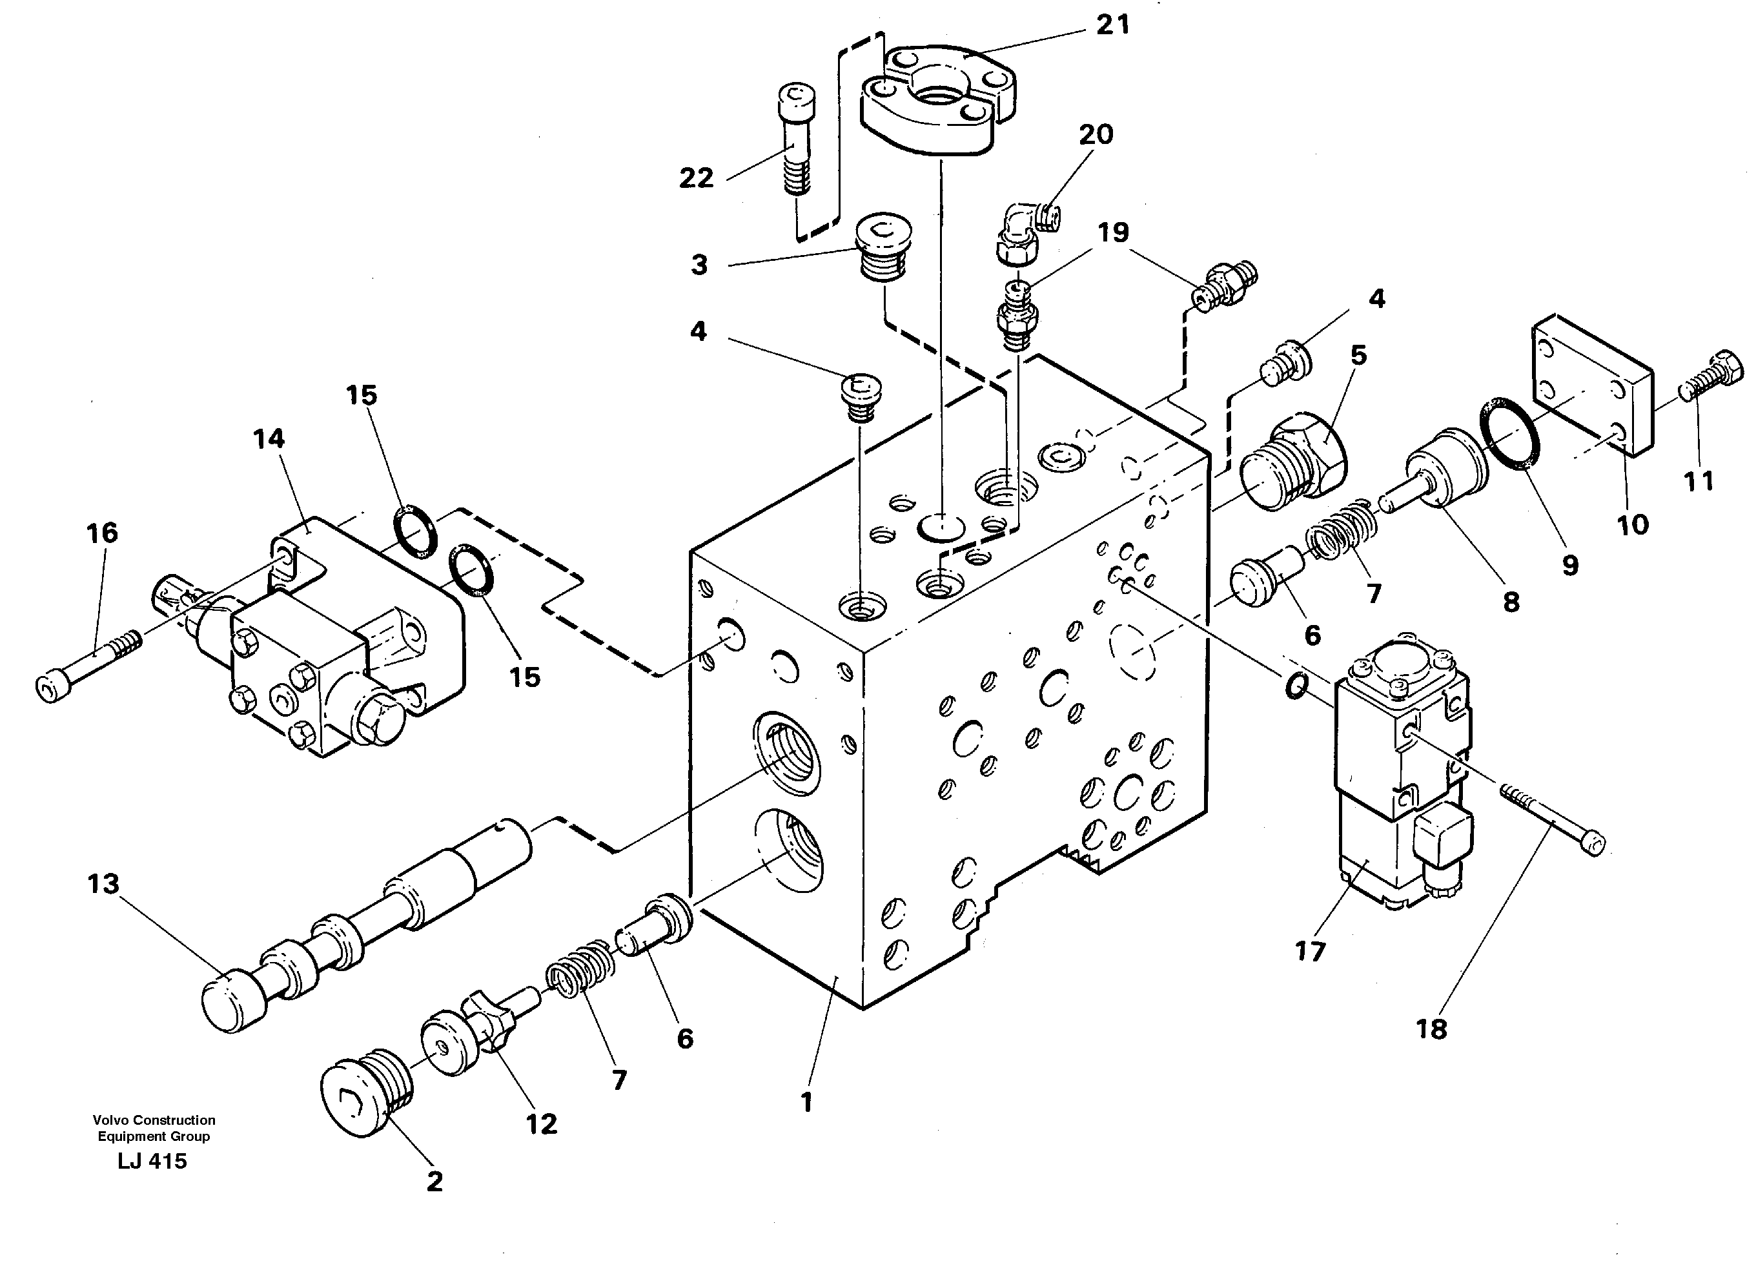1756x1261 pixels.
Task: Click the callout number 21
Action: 1112,26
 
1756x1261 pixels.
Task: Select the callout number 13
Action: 103,884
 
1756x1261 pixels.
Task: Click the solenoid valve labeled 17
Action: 1402,775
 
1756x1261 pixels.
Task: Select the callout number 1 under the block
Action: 806,1102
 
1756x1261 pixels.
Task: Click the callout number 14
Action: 269,439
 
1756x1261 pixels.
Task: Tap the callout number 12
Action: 541,1124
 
